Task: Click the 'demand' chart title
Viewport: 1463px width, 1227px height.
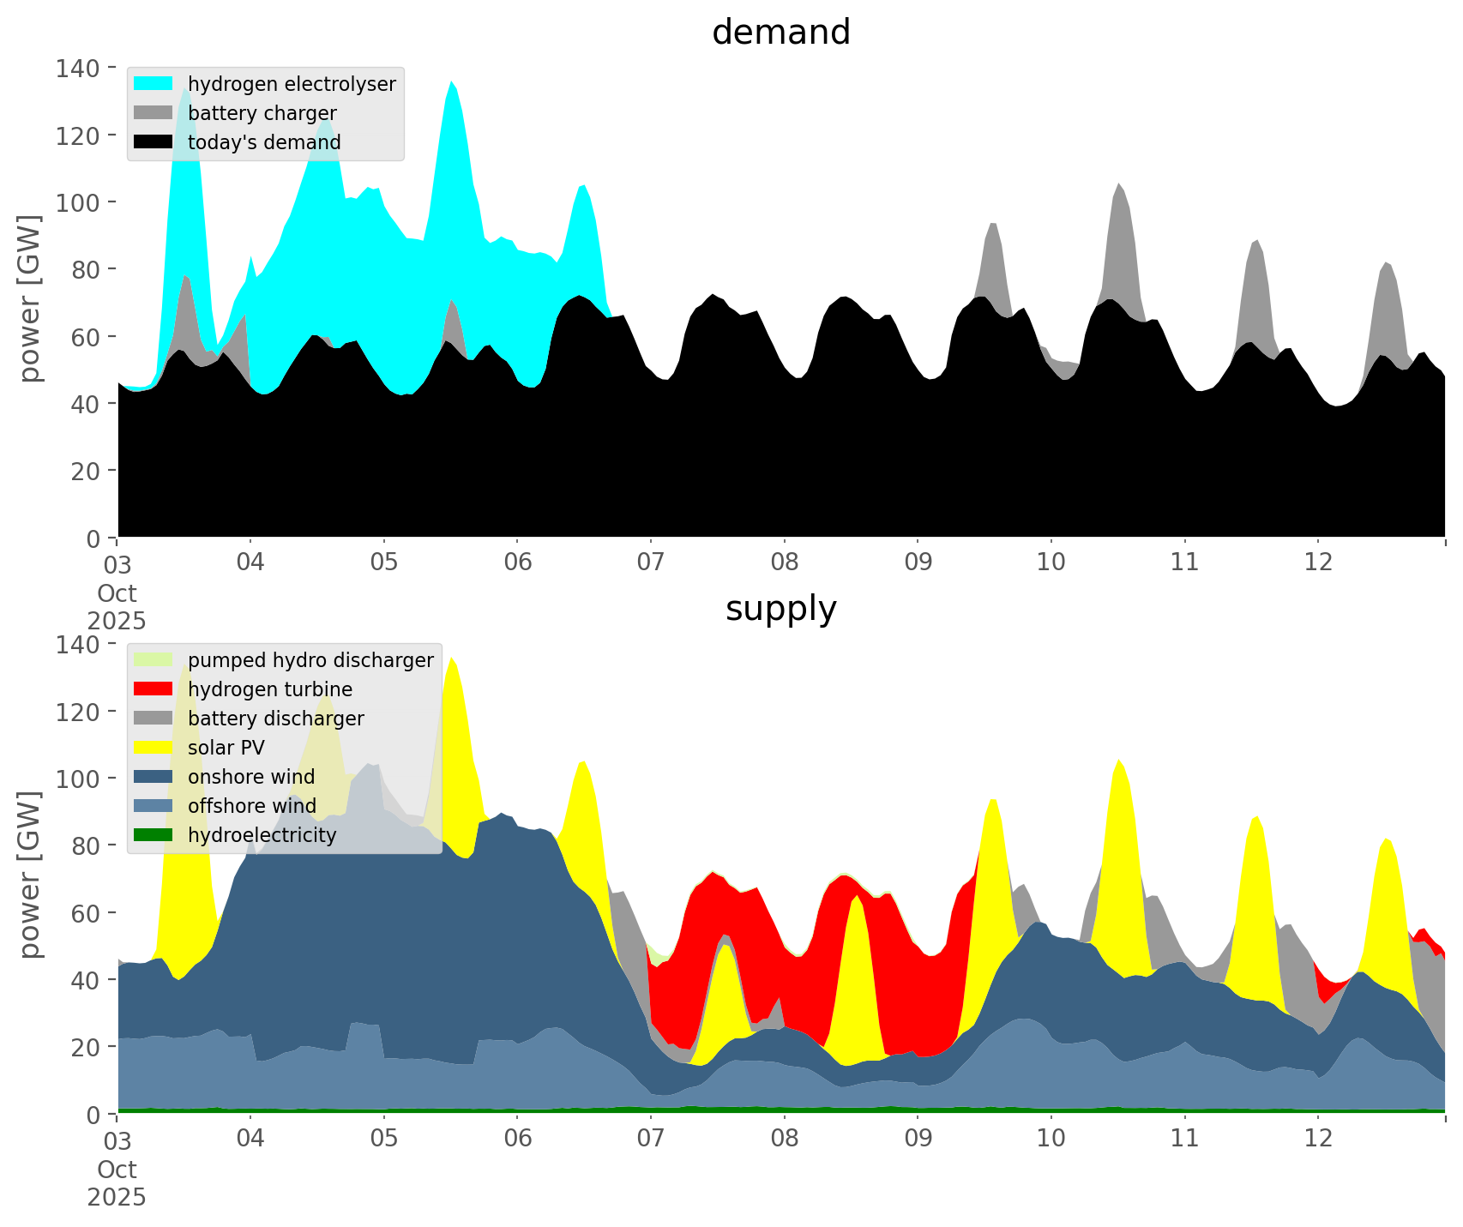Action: coord(780,33)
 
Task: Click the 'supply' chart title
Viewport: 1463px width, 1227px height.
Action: coord(780,609)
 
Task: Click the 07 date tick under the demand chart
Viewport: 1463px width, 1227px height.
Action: coord(651,562)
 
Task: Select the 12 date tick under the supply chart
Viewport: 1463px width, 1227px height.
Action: coord(1318,1139)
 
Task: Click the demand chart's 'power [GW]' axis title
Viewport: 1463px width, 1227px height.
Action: coord(30,298)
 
